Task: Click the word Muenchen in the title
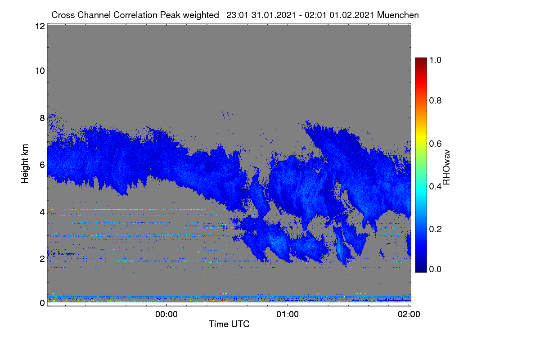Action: pyautogui.click(x=398, y=15)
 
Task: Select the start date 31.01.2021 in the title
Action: pyautogui.click(x=274, y=15)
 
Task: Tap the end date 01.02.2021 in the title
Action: pyautogui.click(x=352, y=15)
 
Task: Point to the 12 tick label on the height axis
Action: pyautogui.click(x=40, y=26)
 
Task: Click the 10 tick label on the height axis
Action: pyautogui.click(x=40, y=71)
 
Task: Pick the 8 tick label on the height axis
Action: pyautogui.click(x=42, y=118)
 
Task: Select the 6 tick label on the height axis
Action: pyautogui.click(x=42, y=165)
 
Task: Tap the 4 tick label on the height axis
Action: pyautogui.click(x=42, y=212)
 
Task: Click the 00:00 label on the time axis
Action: pyautogui.click(x=166, y=315)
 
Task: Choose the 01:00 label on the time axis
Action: pyautogui.click(x=288, y=315)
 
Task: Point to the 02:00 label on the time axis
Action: pyautogui.click(x=409, y=315)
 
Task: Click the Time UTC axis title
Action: pyautogui.click(x=229, y=324)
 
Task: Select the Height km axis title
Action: pyautogui.click(x=25, y=164)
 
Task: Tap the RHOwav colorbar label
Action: pyautogui.click(x=446, y=167)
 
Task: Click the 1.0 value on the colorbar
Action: pyautogui.click(x=435, y=60)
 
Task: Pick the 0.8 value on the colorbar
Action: pyautogui.click(x=435, y=100)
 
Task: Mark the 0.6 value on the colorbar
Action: pyautogui.click(x=435, y=144)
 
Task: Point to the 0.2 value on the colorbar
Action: pyautogui.click(x=435, y=229)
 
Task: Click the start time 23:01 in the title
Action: pyautogui.click(x=237, y=15)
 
